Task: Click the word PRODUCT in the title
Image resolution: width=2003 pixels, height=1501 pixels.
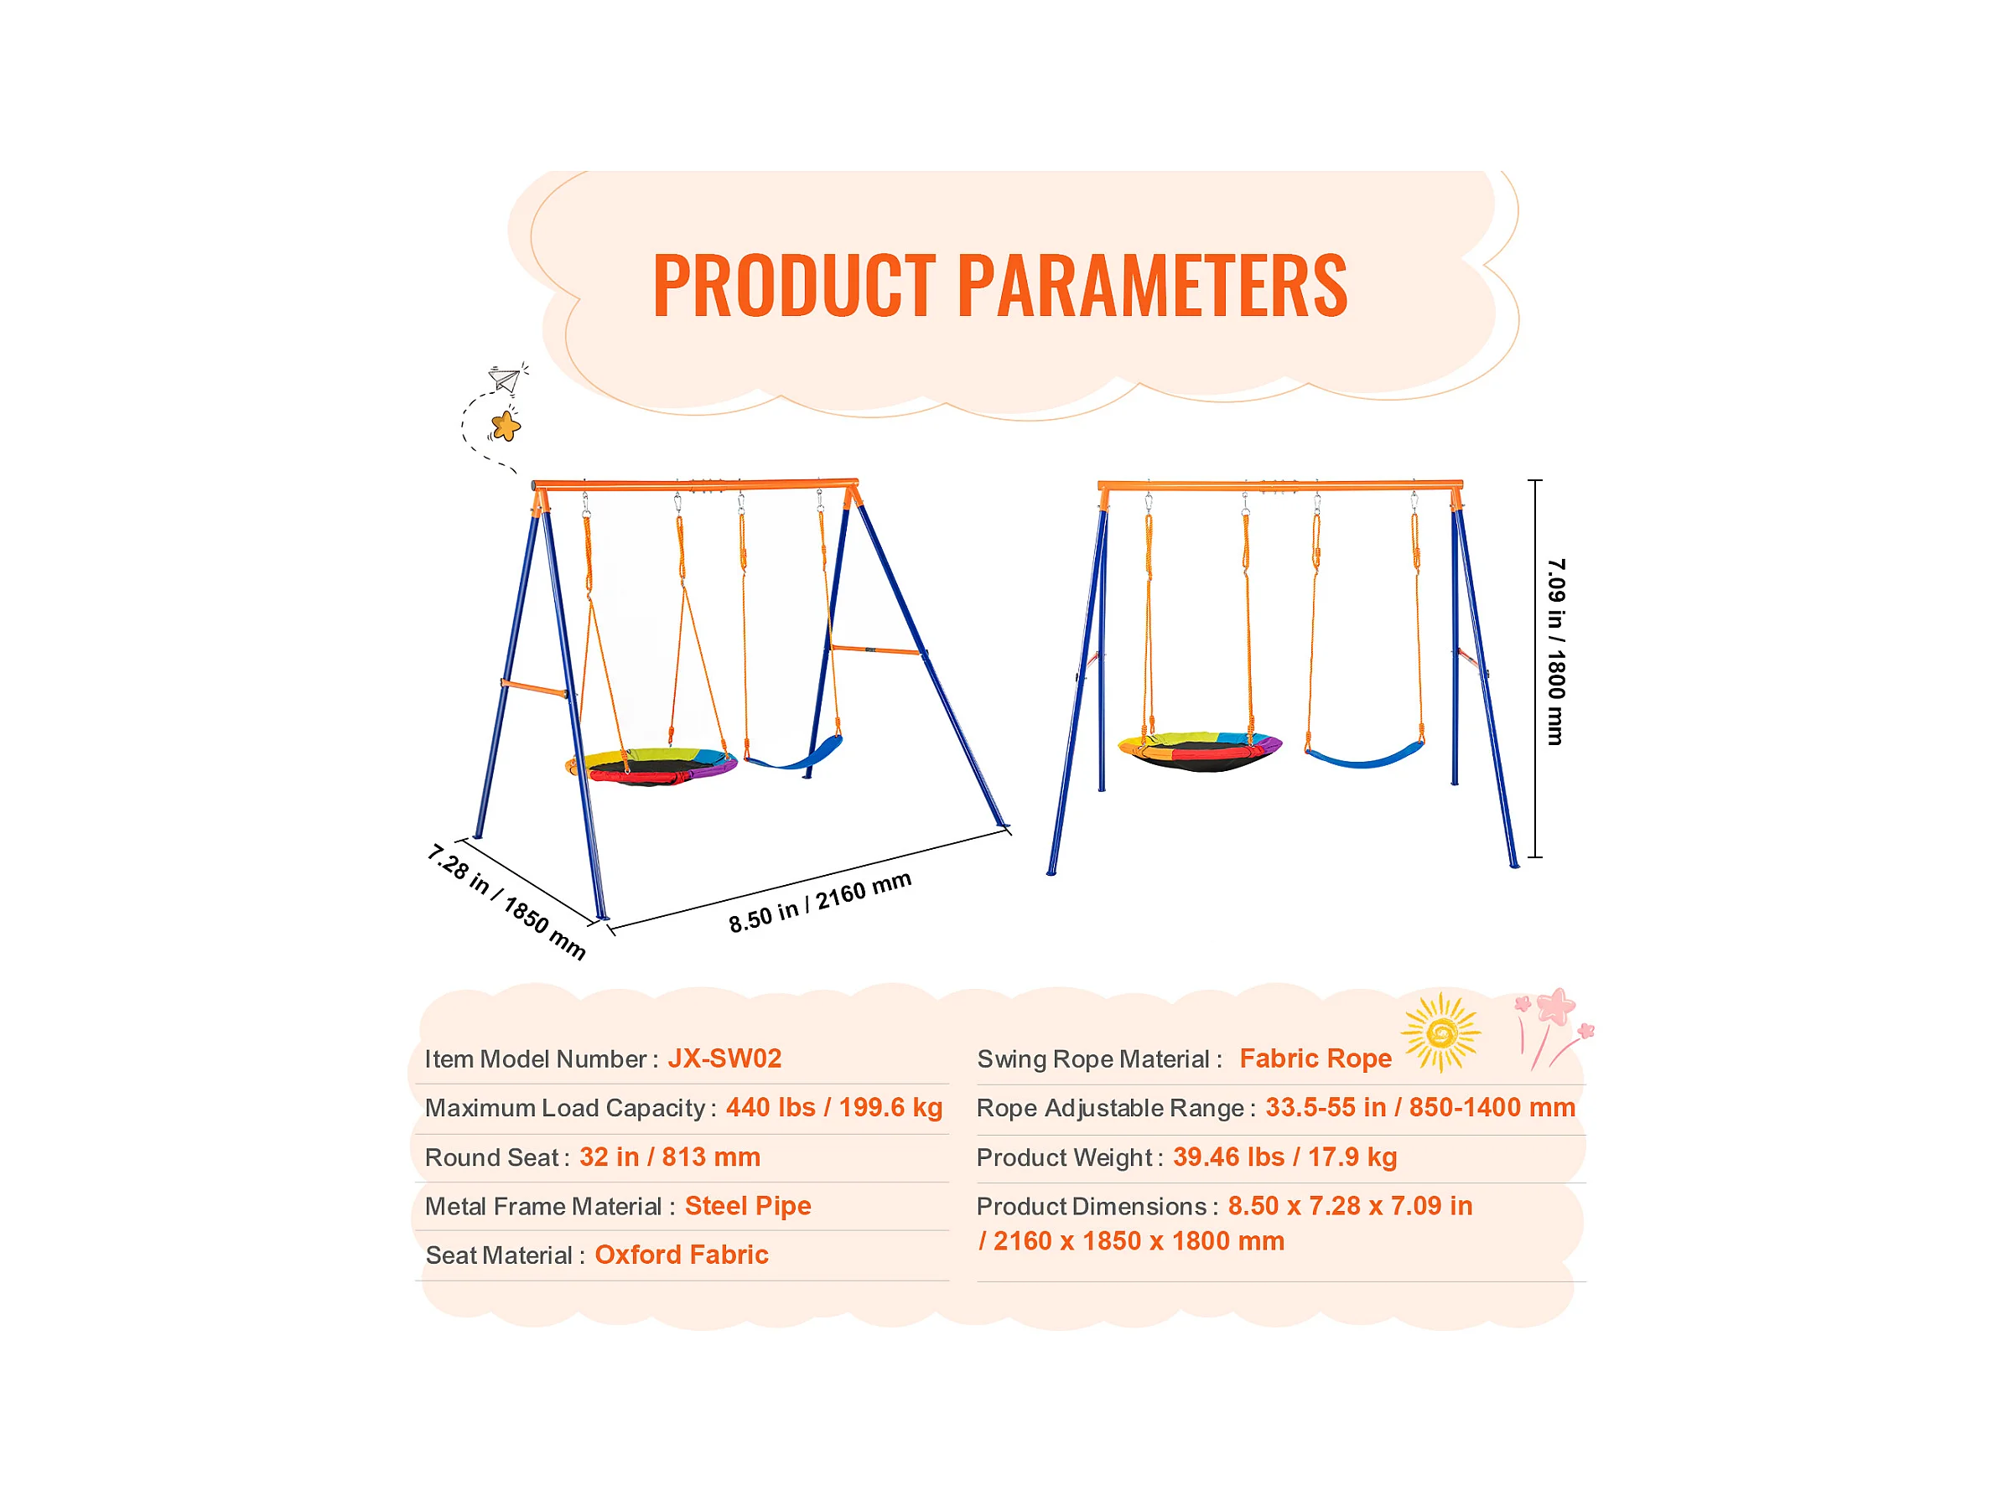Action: pos(794,285)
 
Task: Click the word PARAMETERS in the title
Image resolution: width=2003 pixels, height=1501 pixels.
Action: pos(1153,285)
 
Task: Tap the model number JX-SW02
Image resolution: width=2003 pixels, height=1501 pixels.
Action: pos(724,1058)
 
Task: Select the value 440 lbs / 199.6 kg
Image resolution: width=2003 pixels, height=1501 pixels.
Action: pos(834,1107)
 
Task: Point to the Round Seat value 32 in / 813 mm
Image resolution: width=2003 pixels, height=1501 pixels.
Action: pos(669,1157)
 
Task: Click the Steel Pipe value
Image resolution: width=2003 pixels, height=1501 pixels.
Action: pos(748,1206)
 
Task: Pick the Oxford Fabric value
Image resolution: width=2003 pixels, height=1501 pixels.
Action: pos(681,1255)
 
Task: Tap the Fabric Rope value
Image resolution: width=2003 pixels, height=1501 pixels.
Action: pos(1315,1058)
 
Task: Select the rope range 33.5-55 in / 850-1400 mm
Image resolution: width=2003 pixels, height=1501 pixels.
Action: pos(1419,1107)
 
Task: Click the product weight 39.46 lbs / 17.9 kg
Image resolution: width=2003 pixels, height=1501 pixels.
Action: pos(1285,1157)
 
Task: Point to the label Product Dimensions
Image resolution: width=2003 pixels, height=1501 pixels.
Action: pos(1091,1206)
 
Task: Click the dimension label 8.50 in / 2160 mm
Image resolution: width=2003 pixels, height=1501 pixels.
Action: pos(820,903)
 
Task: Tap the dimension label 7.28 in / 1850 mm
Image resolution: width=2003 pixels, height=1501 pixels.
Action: pos(507,902)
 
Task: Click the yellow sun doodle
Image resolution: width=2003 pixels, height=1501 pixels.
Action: pos(1440,1032)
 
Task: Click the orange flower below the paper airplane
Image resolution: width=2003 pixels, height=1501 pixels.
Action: pos(506,426)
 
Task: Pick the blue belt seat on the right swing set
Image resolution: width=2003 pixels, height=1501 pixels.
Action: pos(1364,754)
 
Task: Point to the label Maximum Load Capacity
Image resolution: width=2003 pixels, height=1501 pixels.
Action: pos(565,1108)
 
